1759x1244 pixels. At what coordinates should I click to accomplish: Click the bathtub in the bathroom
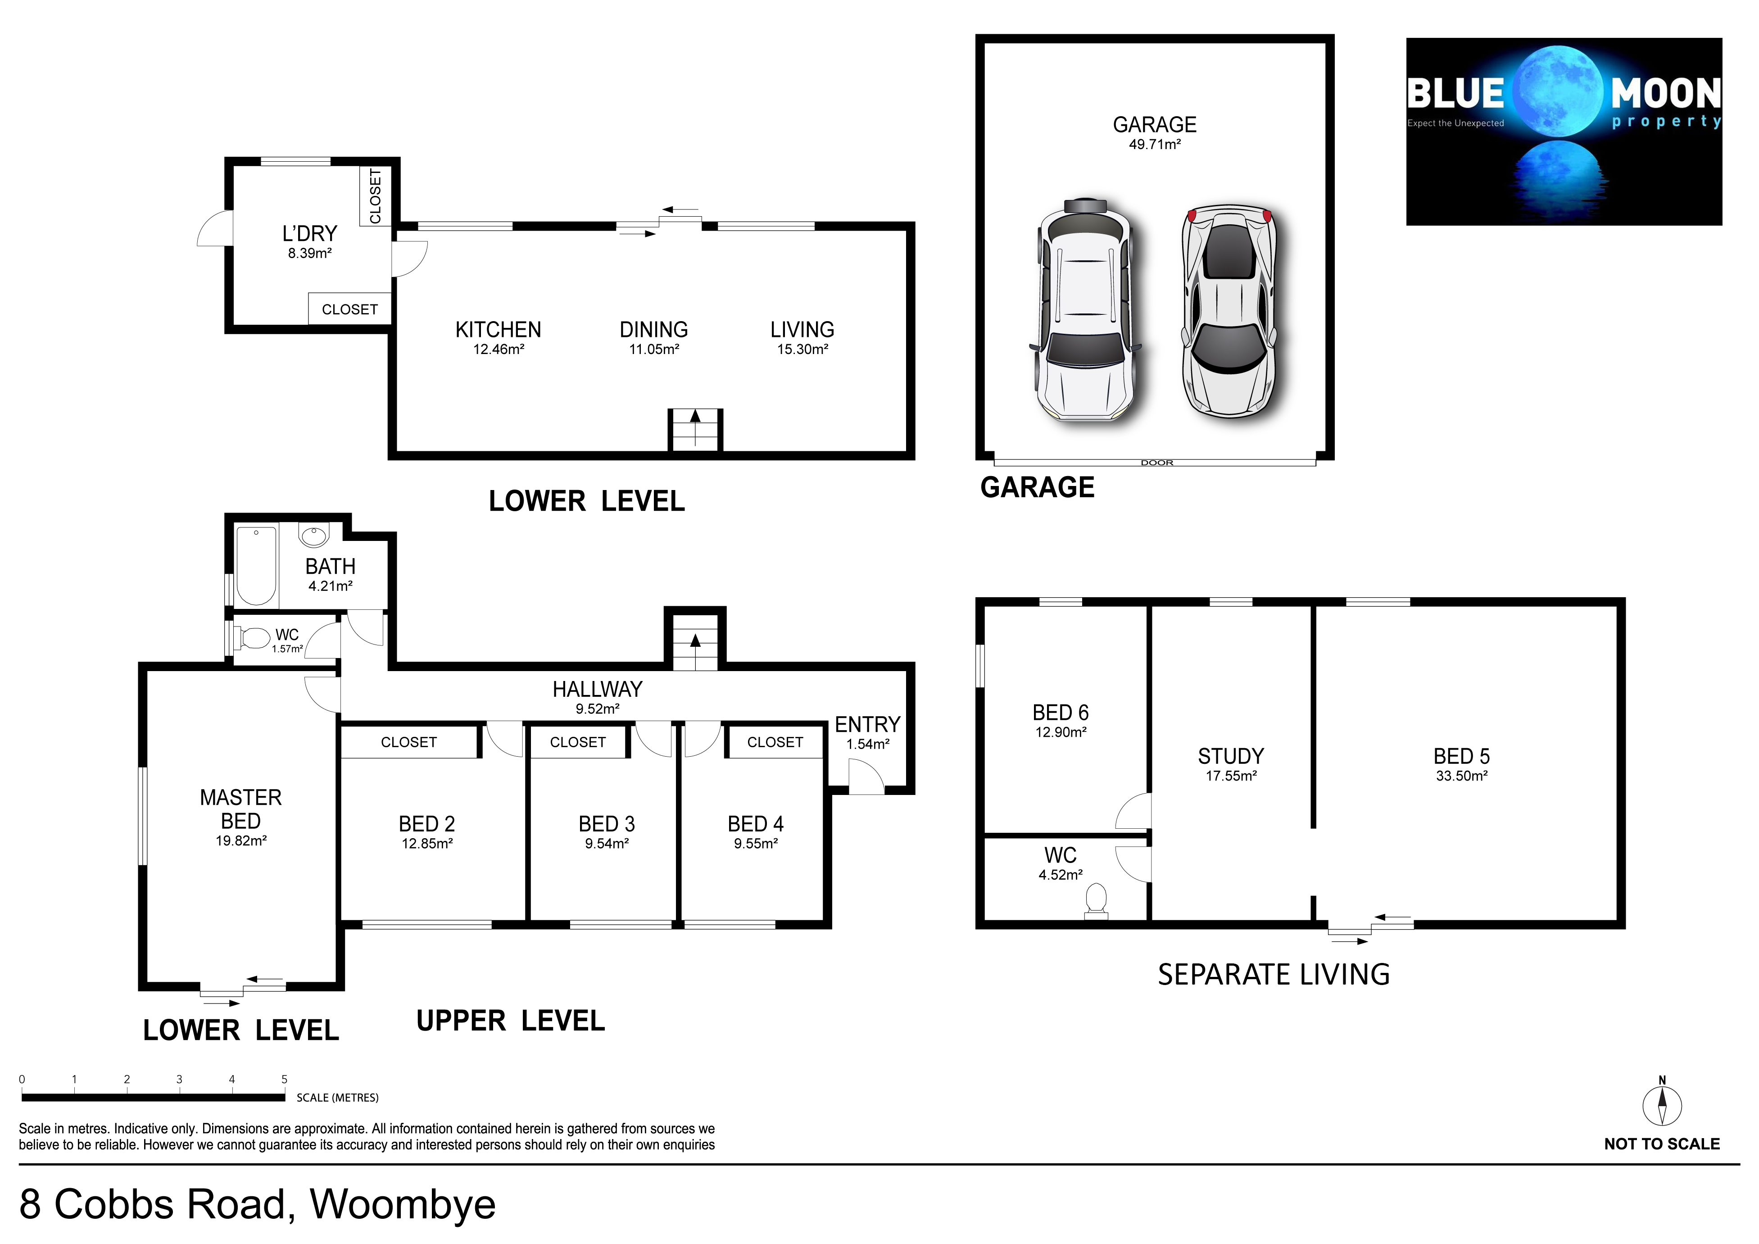click(x=255, y=566)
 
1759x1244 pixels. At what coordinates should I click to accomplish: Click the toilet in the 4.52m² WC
click(x=1096, y=900)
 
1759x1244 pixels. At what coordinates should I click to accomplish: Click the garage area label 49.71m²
click(x=1155, y=145)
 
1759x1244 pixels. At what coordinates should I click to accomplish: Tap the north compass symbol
click(x=1662, y=1104)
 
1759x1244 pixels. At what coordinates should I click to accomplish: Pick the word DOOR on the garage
click(x=1157, y=463)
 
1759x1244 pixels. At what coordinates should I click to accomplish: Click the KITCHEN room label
click(x=498, y=329)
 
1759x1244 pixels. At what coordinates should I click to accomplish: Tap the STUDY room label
click(x=1230, y=756)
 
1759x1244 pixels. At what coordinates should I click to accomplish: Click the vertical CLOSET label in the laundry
click(x=376, y=196)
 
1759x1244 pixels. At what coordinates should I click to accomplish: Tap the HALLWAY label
click(x=598, y=690)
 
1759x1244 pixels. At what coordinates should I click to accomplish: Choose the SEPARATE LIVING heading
click(x=1273, y=974)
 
